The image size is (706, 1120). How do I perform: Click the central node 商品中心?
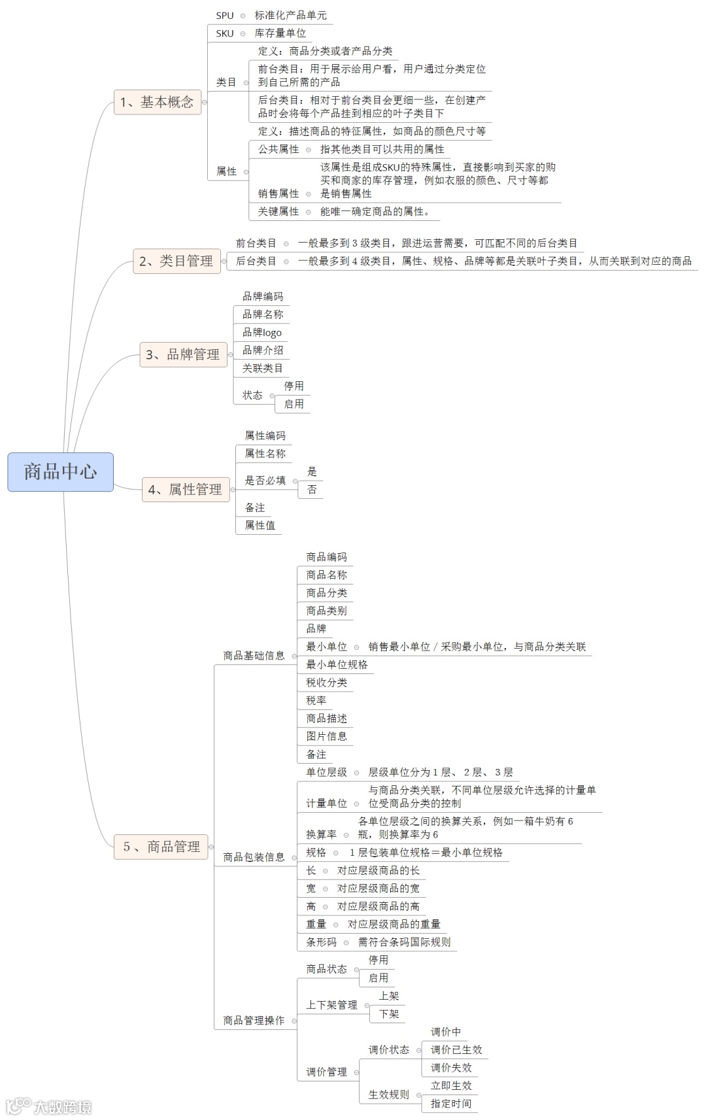(x=60, y=471)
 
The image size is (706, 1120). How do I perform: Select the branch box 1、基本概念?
(x=157, y=102)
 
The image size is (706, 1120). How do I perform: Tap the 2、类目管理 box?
(x=176, y=261)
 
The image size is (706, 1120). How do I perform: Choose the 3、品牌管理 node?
(x=183, y=354)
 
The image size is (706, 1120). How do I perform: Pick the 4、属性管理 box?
(x=186, y=489)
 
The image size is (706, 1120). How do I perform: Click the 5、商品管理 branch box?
(x=161, y=847)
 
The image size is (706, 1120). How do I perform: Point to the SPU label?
(x=225, y=16)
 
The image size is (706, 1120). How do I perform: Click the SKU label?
(x=225, y=33)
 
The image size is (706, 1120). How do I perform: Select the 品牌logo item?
(x=262, y=332)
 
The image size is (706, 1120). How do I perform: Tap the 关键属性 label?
(x=278, y=211)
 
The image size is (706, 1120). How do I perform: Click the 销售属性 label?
(x=278, y=194)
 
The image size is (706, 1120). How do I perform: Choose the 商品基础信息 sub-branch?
(x=254, y=655)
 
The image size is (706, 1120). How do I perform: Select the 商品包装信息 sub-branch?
(x=254, y=857)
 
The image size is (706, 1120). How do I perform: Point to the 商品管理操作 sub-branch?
(x=254, y=1020)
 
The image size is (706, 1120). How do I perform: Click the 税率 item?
(x=316, y=700)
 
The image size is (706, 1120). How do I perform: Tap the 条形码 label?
(x=322, y=942)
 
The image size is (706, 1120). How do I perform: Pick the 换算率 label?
(x=322, y=834)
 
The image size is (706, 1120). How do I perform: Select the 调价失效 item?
(x=451, y=1068)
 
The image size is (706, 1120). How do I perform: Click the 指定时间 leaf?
(x=451, y=1104)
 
